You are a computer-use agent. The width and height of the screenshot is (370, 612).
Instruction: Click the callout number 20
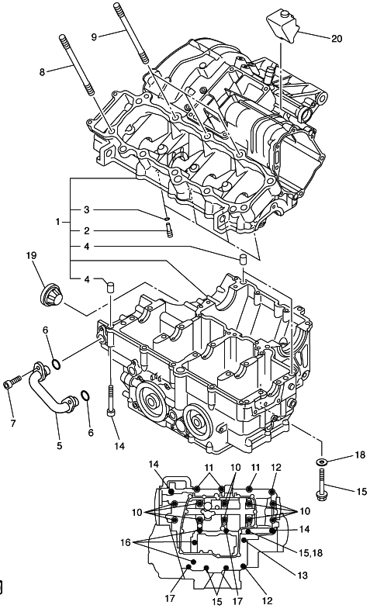[337, 39]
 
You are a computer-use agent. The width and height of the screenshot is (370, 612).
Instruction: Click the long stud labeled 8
[77, 66]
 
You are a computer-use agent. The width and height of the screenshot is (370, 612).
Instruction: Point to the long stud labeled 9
[131, 33]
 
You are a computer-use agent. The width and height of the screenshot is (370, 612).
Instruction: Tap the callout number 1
[58, 222]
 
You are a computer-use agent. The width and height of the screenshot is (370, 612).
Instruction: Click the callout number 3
[87, 209]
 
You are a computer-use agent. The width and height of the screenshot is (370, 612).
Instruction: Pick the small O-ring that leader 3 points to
[167, 219]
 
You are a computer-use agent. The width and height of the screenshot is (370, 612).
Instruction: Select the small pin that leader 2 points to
[169, 230]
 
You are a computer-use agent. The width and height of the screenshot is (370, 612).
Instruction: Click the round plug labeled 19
[52, 296]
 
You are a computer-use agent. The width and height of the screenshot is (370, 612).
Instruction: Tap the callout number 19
[31, 255]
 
